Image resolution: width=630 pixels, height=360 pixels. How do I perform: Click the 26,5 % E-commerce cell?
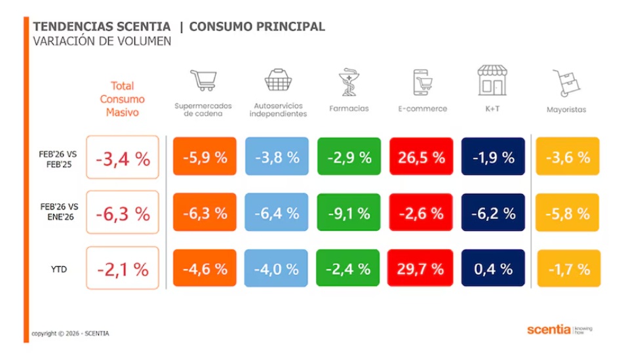click(421, 157)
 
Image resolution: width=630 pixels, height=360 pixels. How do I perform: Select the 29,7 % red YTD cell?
click(421, 269)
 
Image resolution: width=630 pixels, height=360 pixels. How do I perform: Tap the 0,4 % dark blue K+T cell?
click(493, 269)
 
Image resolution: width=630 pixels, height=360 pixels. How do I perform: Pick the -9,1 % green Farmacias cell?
click(349, 213)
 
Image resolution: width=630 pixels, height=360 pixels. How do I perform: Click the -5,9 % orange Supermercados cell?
click(205, 157)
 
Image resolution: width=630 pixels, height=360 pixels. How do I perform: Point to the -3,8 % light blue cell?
click(277, 157)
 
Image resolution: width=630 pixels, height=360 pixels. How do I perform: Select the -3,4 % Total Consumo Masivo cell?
click(123, 158)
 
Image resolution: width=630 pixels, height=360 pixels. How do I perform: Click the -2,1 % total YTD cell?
click(123, 269)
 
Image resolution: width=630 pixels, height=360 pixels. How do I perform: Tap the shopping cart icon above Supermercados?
click(203, 81)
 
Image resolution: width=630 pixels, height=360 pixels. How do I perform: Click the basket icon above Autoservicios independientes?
click(277, 81)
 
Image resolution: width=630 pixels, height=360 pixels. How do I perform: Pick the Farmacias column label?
click(349, 109)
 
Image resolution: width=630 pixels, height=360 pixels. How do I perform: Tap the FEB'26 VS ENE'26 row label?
click(58, 212)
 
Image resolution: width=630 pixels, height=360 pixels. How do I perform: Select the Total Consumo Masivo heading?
click(122, 99)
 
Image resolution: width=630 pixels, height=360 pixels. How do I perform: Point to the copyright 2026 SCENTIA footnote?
click(71, 334)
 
